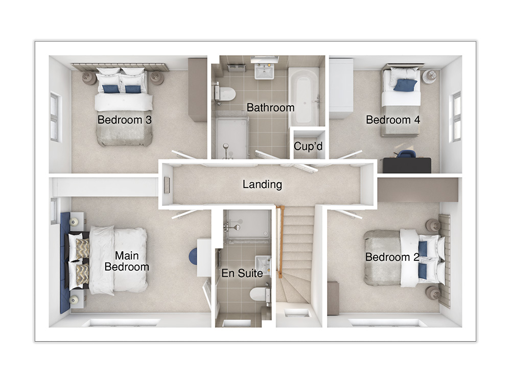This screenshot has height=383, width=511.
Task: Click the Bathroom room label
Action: [270, 107]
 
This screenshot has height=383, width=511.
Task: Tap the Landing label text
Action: [262, 184]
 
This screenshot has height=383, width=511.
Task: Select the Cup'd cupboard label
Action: [308, 146]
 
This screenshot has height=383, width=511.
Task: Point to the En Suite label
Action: [242, 273]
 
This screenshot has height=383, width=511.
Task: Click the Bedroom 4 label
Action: [392, 120]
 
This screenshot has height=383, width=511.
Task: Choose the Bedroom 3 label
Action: [125, 120]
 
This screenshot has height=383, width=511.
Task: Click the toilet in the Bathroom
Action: [225, 93]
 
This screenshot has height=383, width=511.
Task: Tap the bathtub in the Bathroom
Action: [304, 96]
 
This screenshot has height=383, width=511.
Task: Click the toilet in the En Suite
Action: [260, 295]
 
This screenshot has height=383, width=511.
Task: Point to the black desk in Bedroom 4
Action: [407, 165]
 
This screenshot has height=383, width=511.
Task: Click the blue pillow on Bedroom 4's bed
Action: [405, 85]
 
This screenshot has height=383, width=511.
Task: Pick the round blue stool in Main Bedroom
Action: [193, 256]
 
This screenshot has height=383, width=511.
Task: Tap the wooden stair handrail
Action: [280, 242]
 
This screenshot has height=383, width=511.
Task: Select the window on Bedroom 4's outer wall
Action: [455, 117]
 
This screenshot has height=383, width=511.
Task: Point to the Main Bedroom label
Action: [127, 261]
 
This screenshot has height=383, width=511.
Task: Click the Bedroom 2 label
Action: [392, 257]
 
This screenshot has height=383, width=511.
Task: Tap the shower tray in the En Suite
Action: [248, 225]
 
